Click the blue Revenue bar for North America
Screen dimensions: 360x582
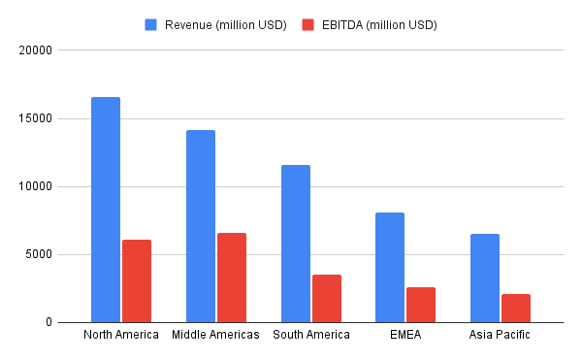[x=106, y=210]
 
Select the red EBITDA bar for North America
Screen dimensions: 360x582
[x=137, y=280]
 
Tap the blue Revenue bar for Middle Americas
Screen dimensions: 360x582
[x=201, y=226]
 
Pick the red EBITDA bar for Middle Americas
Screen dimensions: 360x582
[x=232, y=278]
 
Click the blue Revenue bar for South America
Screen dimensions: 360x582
[x=296, y=244]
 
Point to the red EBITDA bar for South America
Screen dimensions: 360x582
[x=327, y=298]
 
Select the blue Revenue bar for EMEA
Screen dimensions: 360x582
[x=390, y=267]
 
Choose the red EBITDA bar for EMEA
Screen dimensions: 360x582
[x=421, y=305]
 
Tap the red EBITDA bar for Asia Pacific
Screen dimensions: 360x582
[x=516, y=308]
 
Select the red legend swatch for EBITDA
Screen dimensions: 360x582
[x=307, y=24]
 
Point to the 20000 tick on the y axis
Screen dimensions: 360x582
[x=36, y=49]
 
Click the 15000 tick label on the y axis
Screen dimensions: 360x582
[x=36, y=118]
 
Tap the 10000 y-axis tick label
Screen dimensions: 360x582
[x=36, y=186]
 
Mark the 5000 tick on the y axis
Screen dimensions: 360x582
[x=39, y=255]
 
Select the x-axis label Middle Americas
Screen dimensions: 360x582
[x=215, y=335]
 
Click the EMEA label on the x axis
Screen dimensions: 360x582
[x=405, y=335]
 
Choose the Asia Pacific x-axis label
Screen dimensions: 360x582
[x=501, y=335]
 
